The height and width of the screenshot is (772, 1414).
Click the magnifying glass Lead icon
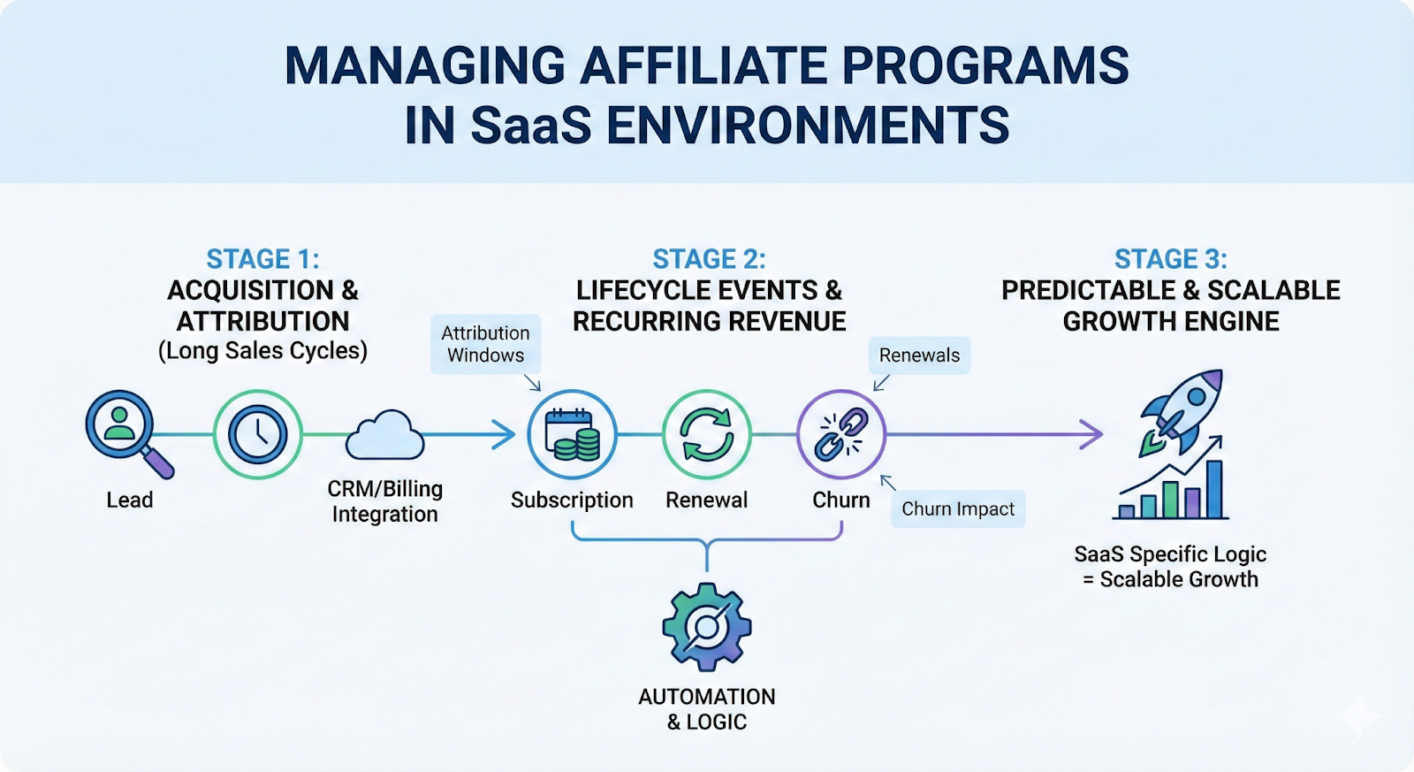coord(122,426)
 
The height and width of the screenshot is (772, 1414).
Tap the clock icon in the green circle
coord(257,434)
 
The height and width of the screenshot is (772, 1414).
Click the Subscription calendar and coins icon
coord(572,434)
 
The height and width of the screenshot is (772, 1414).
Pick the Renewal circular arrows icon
coord(706,434)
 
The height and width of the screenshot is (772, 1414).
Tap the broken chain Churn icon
coord(840,434)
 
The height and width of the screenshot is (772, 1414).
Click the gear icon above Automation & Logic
coord(706,627)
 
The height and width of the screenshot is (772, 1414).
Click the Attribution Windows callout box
coord(485,344)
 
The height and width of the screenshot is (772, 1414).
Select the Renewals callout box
coord(919,355)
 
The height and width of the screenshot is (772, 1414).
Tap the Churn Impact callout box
coord(958,509)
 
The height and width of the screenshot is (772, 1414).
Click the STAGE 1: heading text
coord(262,259)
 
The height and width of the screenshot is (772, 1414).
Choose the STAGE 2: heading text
coord(709,259)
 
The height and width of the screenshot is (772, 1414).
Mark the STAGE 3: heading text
coord(1170,259)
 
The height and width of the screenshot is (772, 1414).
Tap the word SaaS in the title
coord(530,126)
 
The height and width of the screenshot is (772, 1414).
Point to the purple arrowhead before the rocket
coord(1094,434)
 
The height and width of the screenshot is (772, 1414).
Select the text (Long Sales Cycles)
coord(262,351)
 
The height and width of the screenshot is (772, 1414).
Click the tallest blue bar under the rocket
coord(1214,489)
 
